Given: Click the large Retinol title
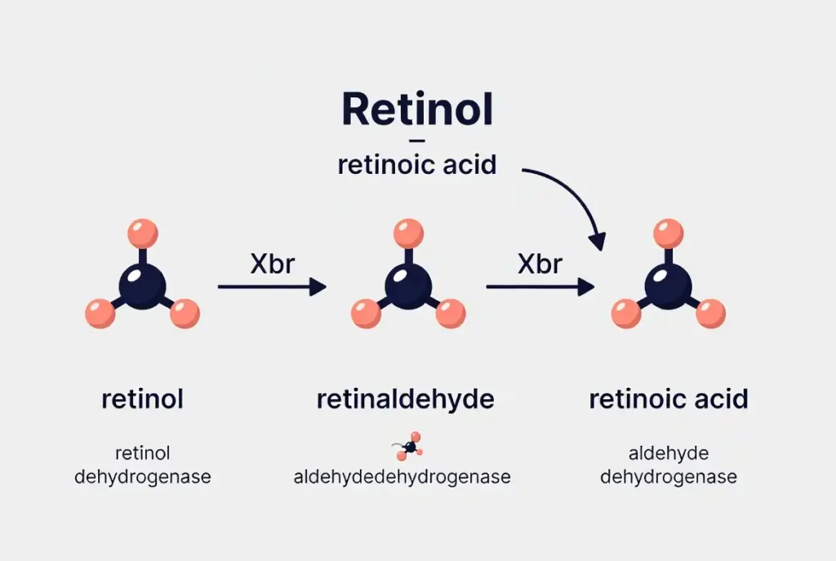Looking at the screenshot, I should click(x=417, y=109).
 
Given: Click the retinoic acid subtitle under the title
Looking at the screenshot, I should click(x=417, y=164).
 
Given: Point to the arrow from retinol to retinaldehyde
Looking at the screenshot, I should click(x=271, y=287).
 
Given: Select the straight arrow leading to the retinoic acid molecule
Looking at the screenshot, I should click(x=540, y=287).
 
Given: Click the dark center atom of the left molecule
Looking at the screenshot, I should click(x=142, y=285).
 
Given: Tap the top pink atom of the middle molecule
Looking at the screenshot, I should click(x=408, y=233).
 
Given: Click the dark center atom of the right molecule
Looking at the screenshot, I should click(x=668, y=285).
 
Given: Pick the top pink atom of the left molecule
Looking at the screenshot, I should click(x=142, y=233).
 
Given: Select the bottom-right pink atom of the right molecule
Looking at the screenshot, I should click(x=710, y=314).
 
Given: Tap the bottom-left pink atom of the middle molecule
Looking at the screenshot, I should click(x=366, y=314).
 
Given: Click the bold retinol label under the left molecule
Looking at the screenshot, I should click(x=142, y=399).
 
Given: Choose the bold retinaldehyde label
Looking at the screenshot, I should click(x=405, y=399).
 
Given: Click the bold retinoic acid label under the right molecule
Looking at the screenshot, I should click(x=668, y=399).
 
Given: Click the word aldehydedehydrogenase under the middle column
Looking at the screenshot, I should click(x=402, y=477).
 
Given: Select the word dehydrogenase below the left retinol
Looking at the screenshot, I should click(x=142, y=477).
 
